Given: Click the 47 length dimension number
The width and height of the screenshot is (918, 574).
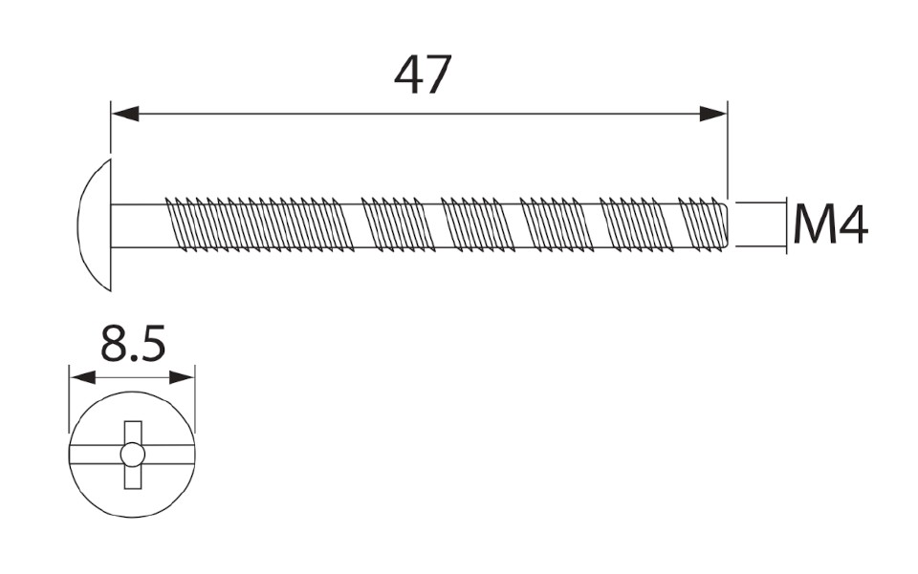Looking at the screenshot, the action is pyautogui.click(x=423, y=75).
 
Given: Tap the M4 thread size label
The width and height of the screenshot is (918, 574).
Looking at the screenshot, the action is pyautogui.click(x=830, y=225).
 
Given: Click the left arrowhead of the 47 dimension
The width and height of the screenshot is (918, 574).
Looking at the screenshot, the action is pyautogui.click(x=125, y=114).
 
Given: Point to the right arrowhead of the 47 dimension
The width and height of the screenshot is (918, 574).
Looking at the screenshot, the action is pyautogui.click(x=712, y=114).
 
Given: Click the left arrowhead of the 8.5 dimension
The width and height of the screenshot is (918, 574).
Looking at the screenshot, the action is pyautogui.click(x=82, y=377).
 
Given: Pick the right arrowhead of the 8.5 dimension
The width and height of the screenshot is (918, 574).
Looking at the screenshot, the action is pyautogui.click(x=182, y=377).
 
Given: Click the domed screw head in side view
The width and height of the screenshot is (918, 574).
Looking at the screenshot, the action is pyautogui.click(x=95, y=224).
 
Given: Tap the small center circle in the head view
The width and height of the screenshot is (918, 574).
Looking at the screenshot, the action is pyautogui.click(x=133, y=455).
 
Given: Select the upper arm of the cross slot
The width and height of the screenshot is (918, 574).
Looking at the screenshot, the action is pyautogui.click(x=133, y=432).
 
